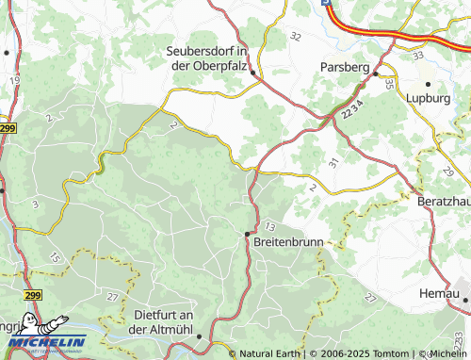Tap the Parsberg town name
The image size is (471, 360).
tap(344, 67)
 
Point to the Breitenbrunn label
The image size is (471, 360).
tap(288, 242)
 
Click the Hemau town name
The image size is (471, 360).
tap(439, 295)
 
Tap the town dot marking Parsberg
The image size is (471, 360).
tap(375, 73)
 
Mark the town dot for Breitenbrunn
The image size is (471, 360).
tap(248, 233)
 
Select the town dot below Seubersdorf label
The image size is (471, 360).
tap(253, 81)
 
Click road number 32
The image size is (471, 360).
tap(296, 36)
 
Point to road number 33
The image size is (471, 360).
tap(417, 56)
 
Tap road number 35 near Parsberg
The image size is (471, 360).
tap(389, 85)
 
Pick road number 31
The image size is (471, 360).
tap(333, 162)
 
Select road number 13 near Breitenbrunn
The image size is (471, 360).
tap(270, 226)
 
